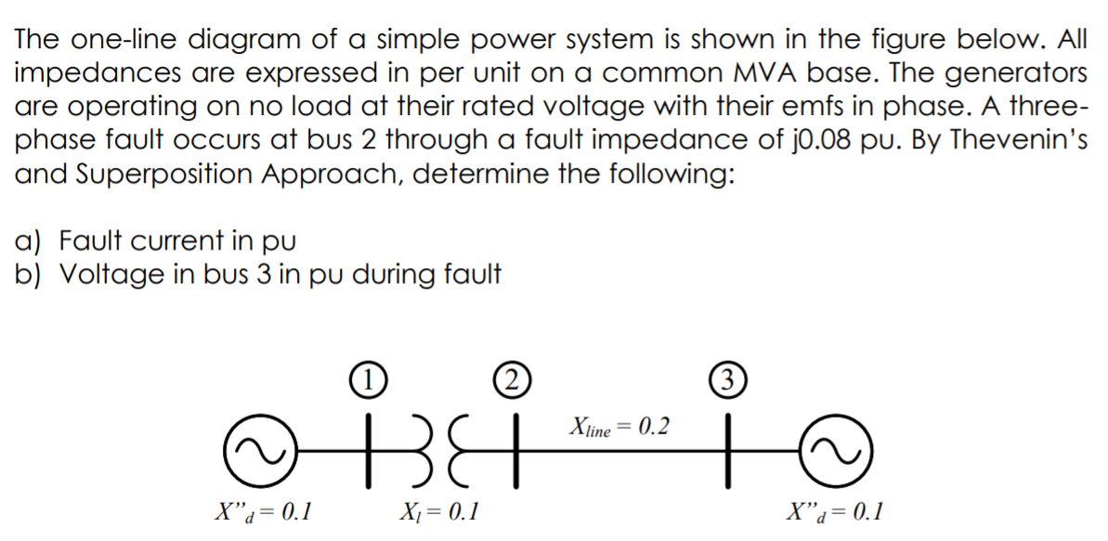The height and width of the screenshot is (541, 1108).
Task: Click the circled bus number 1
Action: click(x=369, y=380)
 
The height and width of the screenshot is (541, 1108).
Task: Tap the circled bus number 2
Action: click(x=506, y=380)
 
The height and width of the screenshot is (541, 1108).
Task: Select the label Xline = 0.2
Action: click(x=619, y=428)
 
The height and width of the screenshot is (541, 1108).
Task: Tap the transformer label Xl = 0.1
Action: click(x=437, y=510)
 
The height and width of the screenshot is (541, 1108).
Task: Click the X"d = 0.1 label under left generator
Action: click(x=263, y=510)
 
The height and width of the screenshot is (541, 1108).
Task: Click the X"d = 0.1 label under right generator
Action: click(x=833, y=510)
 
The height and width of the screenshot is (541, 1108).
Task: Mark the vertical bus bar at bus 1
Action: click(x=369, y=450)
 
